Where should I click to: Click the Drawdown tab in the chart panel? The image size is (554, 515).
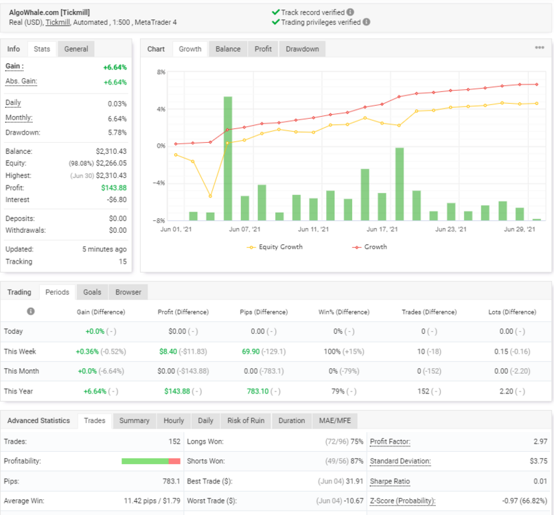302,49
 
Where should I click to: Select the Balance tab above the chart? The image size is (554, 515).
228,49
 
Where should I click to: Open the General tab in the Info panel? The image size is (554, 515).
76,49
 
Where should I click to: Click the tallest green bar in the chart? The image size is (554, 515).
228,159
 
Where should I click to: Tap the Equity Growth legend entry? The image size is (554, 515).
275,247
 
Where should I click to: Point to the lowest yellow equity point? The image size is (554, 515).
210,196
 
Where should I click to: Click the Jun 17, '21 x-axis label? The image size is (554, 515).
382,229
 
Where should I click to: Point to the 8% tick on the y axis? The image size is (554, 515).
161,72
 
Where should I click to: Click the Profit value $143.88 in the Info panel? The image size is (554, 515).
114,187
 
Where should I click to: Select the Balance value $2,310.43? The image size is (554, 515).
111,151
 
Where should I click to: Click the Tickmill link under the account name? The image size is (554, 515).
58,22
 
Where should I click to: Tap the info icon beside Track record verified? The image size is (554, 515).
350,12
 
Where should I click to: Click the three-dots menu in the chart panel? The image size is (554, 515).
540,47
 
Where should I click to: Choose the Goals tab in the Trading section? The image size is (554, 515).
92,292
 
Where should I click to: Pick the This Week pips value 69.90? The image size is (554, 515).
251,352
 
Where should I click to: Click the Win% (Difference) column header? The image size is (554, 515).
344,312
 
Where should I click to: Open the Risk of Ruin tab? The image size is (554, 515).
246,421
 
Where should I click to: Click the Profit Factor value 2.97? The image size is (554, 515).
540,442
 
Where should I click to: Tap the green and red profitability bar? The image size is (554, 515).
151,461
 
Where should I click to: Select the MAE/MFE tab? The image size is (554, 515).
335,421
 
